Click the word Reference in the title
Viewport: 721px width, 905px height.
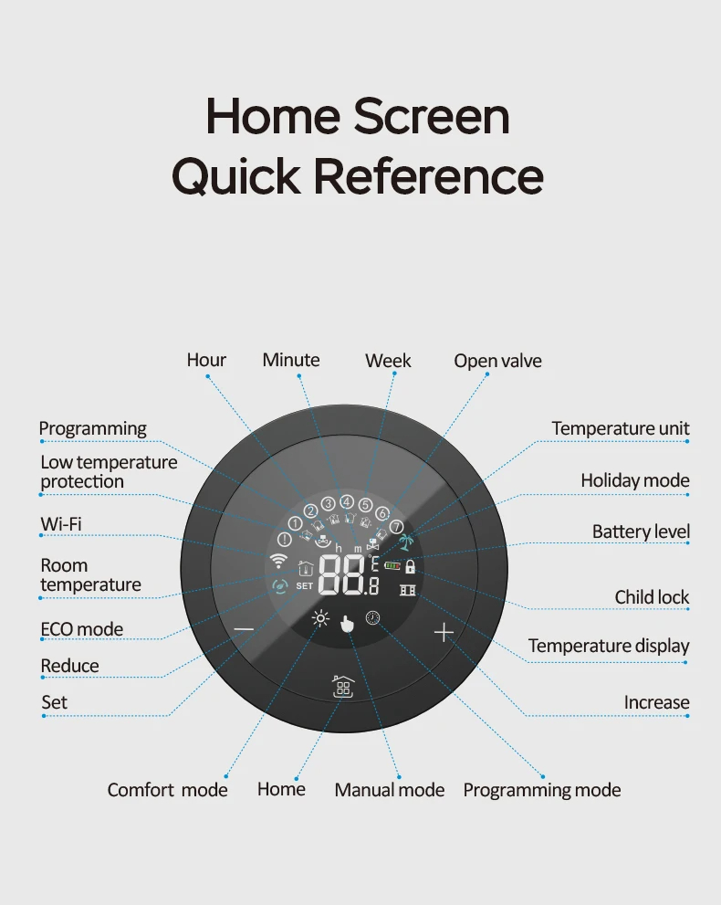(x=429, y=176)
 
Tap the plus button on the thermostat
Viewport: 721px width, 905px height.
(x=444, y=633)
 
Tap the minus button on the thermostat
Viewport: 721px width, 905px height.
(x=244, y=628)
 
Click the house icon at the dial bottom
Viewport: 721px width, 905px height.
(x=343, y=687)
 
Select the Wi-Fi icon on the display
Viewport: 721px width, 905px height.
(x=278, y=560)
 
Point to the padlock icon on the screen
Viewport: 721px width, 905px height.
(x=410, y=566)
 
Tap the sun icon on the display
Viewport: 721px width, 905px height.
(x=320, y=619)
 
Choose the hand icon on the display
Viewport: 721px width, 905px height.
(x=347, y=624)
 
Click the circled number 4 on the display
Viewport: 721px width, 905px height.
(x=347, y=502)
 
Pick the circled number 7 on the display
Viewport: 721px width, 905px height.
(x=396, y=526)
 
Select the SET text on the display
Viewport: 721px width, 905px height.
(x=305, y=585)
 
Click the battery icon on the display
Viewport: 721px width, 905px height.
(x=392, y=566)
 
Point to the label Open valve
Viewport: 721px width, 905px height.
(x=497, y=361)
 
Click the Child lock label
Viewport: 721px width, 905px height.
(x=652, y=597)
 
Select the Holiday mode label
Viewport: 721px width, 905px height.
(x=635, y=480)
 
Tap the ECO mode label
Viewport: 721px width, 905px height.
(x=82, y=629)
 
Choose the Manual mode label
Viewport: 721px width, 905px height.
(x=390, y=790)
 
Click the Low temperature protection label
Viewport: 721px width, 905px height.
(x=109, y=471)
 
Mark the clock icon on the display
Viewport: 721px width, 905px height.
(x=373, y=617)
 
